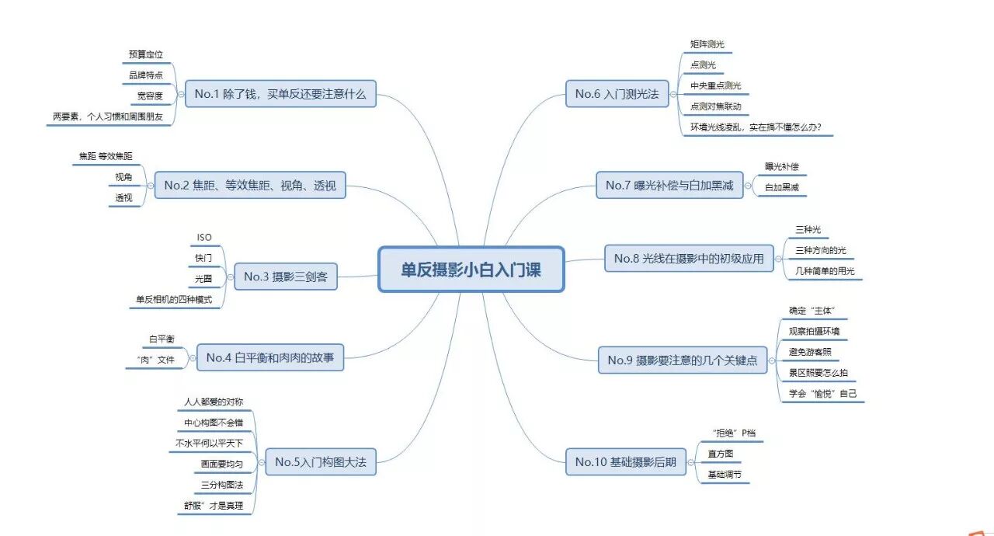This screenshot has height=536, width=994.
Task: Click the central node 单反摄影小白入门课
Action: pos(471,270)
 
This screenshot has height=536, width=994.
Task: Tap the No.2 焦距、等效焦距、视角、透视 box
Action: pos(250,185)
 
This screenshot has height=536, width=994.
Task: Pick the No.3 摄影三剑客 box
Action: pos(285,277)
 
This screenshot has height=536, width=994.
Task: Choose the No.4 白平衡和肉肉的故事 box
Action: pos(269,357)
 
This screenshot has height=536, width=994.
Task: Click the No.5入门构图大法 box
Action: pos(320,462)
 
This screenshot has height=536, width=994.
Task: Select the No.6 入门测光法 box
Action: pos(617,94)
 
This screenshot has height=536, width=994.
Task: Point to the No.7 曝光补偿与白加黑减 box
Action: pos(669,185)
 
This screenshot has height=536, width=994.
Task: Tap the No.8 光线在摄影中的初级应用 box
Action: pos(689,258)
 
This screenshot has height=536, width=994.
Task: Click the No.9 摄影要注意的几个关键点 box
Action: pos(683,360)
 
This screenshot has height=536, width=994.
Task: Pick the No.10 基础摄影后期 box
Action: pos(625,462)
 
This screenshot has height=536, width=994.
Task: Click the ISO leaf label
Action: pos(203,238)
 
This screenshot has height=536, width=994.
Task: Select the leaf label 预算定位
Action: pos(146,55)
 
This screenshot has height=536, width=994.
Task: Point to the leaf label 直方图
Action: pos(720,454)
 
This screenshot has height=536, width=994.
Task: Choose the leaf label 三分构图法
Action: pos(222,486)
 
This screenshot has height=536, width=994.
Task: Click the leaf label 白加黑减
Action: pos(781,187)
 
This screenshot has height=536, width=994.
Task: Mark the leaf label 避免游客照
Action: pos(810,352)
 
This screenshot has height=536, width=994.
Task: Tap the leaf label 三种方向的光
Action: pos(820,250)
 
